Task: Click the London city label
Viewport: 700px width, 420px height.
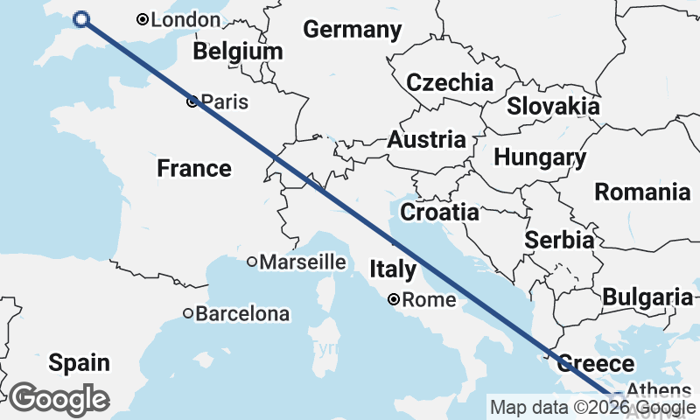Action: (x=185, y=19)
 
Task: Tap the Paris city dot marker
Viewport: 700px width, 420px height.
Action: (x=192, y=102)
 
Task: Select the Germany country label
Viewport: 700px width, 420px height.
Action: (x=352, y=30)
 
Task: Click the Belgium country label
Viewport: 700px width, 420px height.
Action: (x=238, y=52)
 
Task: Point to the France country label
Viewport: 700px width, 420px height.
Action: (x=194, y=168)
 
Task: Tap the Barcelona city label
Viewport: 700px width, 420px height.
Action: (x=241, y=312)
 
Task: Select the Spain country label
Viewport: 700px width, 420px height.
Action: (x=79, y=362)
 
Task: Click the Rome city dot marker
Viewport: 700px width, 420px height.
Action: (x=394, y=299)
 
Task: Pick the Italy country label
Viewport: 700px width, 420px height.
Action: (x=393, y=270)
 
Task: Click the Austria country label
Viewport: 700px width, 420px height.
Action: (x=426, y=140)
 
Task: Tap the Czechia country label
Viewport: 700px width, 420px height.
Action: (x=450, y=83)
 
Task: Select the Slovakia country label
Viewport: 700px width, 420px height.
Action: (x=553, y=107)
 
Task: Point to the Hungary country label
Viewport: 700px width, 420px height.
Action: (x=540, y=158)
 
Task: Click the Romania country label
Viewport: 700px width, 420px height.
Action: (x=642, y=192)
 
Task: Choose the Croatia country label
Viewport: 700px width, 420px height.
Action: (x=439, y=212)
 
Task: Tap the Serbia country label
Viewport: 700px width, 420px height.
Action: (x=560, y=240)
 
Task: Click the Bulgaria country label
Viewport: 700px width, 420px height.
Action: (x=647, y=297)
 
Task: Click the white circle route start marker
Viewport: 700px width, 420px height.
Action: (x=81, y=19)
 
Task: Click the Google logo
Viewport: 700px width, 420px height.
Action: (x=59, y=399)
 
